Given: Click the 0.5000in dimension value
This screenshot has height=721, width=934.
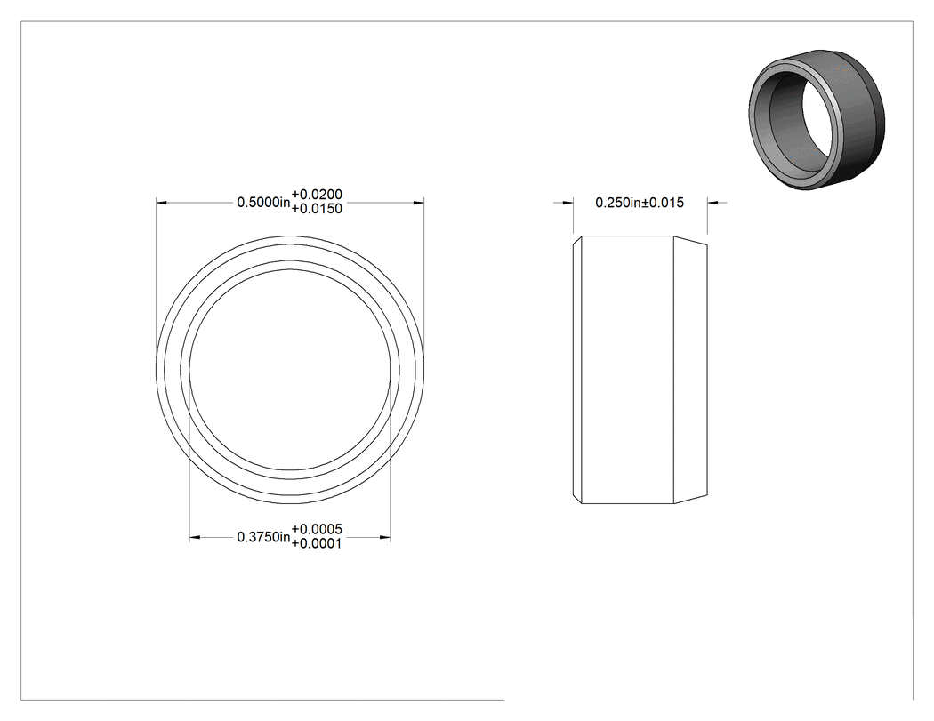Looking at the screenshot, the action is click(263, 203).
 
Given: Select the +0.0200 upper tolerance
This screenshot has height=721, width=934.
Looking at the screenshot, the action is click(317, 195).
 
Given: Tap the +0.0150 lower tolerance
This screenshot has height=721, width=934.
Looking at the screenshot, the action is click(317, 209).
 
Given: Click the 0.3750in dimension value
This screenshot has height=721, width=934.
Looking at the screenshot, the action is click(263, 538).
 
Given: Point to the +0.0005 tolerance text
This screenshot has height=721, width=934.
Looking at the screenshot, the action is click(317, 529).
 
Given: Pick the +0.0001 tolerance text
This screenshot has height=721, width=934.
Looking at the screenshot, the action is click(317, 543).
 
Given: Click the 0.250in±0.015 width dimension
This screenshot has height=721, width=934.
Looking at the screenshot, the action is click(640, 203).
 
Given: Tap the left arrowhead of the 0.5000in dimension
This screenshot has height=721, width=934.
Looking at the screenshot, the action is click(161, 203).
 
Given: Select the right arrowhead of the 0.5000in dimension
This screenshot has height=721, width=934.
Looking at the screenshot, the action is click(419, 203).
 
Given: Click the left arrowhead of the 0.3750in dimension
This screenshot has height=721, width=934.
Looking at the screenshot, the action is click(195, 538).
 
